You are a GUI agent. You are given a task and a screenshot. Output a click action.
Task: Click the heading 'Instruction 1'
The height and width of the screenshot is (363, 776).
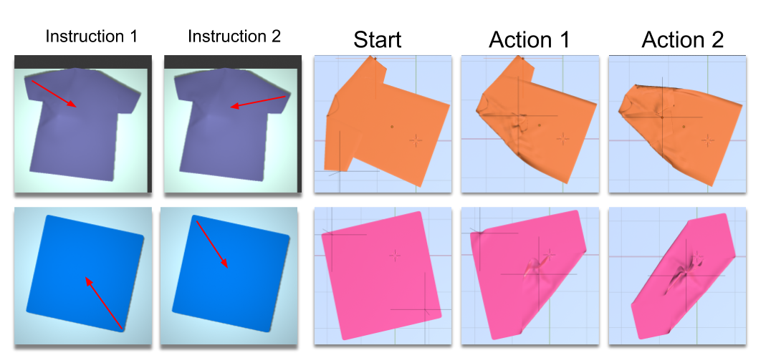tap(91, 36)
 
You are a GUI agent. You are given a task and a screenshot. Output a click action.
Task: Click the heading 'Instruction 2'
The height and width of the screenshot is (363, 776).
tap(234, 36)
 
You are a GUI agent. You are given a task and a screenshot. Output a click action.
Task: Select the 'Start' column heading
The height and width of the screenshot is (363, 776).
tap(377, 39)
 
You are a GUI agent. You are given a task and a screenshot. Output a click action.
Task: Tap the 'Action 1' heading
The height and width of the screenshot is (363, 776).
tap(529, 39)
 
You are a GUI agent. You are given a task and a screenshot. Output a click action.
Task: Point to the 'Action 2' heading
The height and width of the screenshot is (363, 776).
tap(682, 39)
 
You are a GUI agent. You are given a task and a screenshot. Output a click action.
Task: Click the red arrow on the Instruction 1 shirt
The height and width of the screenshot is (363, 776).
tap(54, 93)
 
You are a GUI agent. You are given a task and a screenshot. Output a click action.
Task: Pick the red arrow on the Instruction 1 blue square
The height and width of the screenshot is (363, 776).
tap(103, 303)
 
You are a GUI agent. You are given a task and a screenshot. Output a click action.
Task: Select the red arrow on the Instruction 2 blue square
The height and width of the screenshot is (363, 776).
tap(212, 244)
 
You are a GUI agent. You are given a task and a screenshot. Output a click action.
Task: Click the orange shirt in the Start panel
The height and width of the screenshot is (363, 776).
tap(386, 124)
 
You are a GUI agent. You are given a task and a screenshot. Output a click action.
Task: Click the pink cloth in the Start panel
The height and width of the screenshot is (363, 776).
tap(382, 276)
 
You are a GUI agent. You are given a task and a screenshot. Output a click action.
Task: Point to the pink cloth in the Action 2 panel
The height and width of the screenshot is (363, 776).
tap(683, 276)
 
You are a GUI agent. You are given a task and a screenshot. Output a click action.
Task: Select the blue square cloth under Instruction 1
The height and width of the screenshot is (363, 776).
tap(85, 274)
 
